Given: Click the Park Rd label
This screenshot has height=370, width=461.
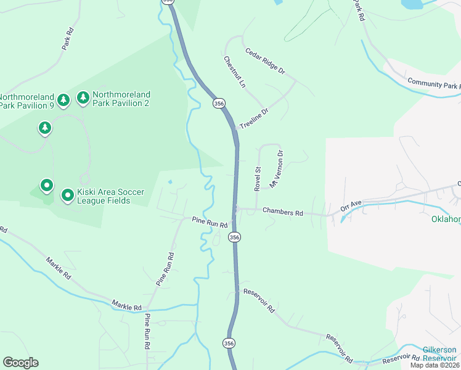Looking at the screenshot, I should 67,38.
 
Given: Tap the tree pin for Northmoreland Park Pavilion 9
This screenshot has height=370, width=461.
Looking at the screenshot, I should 63,100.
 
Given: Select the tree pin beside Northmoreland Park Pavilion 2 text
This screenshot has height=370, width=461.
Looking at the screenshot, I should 83,98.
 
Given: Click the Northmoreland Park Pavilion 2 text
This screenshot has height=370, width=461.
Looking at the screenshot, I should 121,99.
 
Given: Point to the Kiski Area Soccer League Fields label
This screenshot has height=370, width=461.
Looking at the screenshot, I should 103,196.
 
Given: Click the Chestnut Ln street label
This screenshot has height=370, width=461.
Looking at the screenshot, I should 234,72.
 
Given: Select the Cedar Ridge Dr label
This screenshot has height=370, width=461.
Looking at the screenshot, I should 265,61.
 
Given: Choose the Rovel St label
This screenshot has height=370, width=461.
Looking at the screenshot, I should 258,178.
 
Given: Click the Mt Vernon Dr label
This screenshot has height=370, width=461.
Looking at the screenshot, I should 275,170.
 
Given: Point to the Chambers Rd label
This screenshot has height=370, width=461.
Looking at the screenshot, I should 283,212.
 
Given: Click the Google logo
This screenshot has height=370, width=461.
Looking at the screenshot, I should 20,363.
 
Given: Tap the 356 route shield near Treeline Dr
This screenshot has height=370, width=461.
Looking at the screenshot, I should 219,104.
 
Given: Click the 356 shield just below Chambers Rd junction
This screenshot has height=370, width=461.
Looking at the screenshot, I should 234,237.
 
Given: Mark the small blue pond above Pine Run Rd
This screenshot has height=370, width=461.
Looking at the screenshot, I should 169,182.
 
